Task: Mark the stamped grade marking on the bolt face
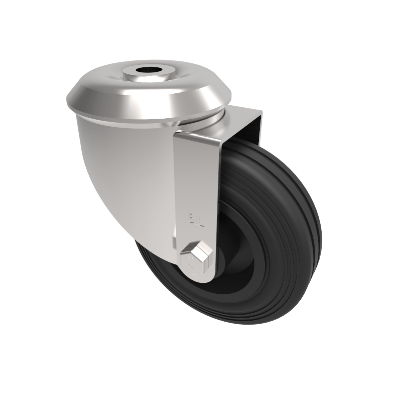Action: pos(190,261)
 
